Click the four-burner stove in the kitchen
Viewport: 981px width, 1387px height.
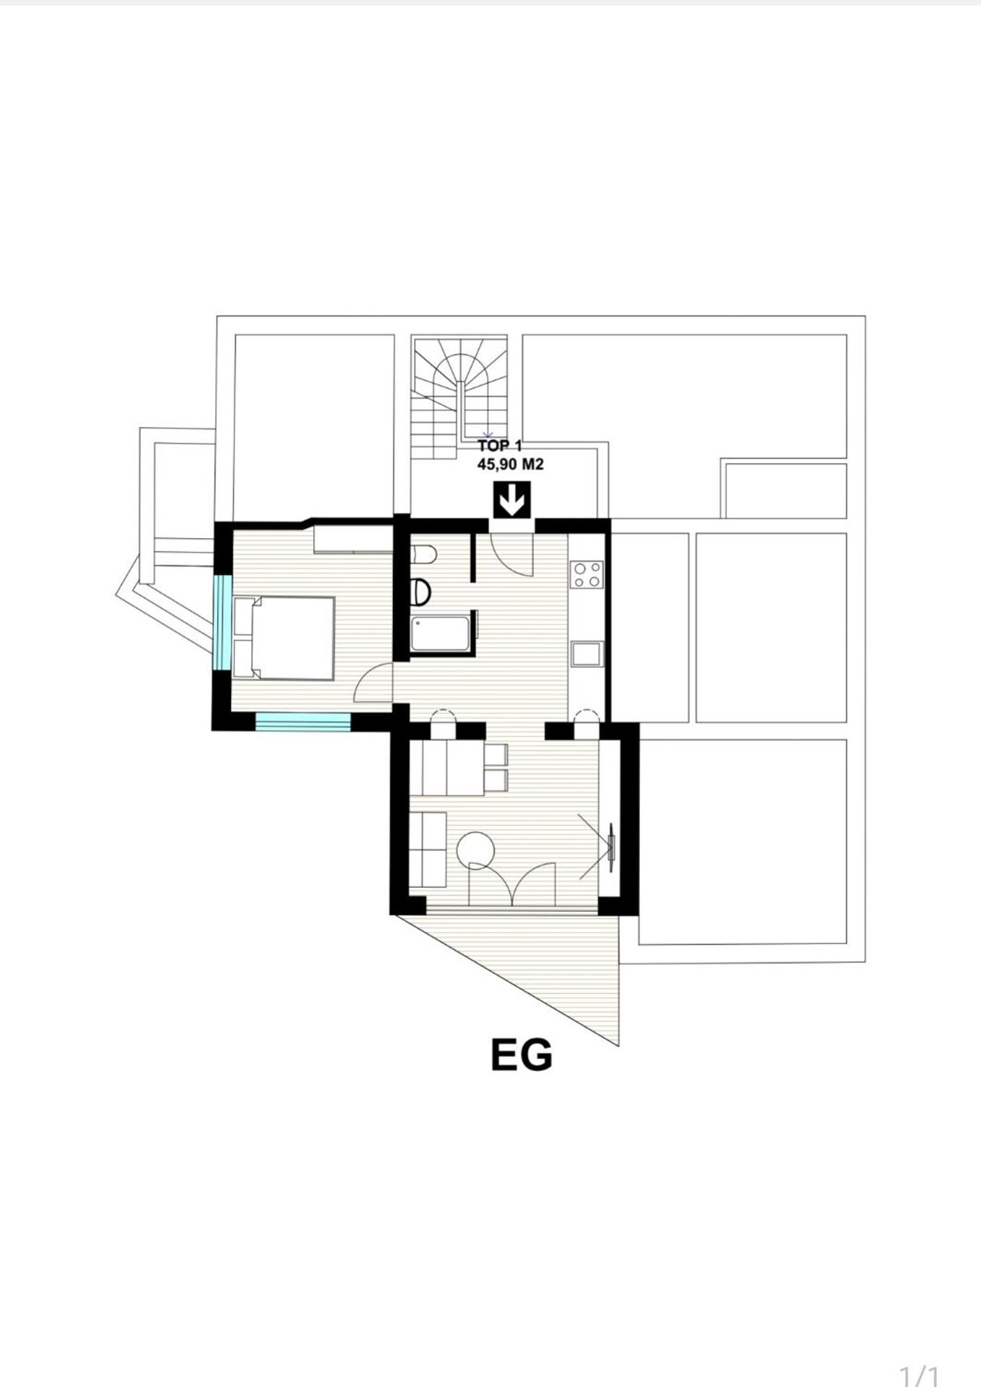coord(587,574)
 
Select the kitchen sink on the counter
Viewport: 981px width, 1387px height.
coord(586,654)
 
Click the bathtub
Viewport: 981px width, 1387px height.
coord(441,634)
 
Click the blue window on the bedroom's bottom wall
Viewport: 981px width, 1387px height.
coord(303,722)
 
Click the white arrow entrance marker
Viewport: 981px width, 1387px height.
coord(512,500)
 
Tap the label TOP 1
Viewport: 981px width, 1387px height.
coord(500,446)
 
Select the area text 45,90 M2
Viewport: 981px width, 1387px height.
coord(510,465)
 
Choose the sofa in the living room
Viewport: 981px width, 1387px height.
coord(427,850)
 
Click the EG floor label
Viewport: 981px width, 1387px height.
coord(522,1055)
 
